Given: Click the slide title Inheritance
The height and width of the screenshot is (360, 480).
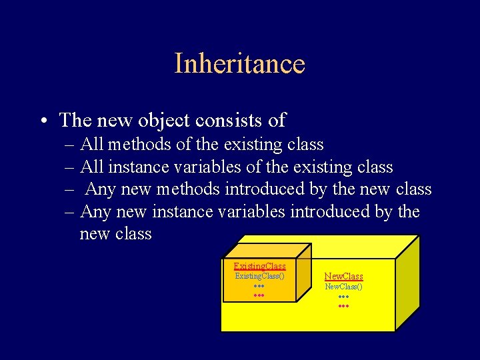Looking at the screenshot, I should click(239, 64).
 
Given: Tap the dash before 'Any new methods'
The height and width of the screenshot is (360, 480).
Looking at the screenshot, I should click(69, 189).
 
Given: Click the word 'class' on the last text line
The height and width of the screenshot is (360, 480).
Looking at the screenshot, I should click(133, 235).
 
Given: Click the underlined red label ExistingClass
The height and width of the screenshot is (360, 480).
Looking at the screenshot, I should click(259, 266).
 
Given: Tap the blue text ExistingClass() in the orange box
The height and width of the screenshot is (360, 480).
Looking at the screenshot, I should click(259, 275).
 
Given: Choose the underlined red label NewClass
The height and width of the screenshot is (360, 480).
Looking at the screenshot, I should click(343, 276).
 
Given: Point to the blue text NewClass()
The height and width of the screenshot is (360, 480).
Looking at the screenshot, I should click(343, 287).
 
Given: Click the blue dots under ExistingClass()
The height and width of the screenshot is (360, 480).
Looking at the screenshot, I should click(259, 285).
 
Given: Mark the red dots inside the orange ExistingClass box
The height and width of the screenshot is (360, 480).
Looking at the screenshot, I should click(259, 294).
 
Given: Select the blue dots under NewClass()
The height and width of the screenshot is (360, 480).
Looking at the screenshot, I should click(343, 297).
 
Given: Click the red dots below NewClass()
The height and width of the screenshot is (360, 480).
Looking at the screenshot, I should click(343, 306).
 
